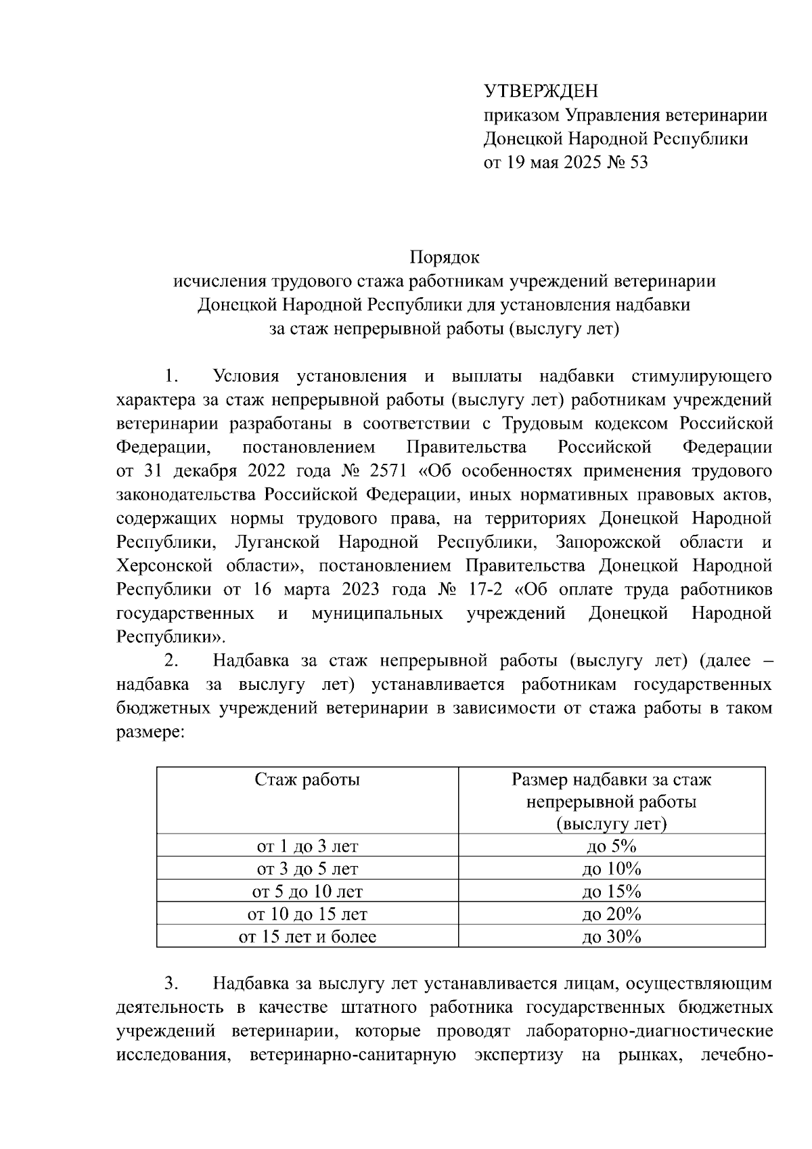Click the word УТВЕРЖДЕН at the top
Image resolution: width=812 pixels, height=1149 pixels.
541,91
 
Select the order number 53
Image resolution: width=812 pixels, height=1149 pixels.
638,162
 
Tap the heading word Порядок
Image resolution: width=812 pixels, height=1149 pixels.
445,258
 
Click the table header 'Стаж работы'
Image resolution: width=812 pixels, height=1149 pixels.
307,780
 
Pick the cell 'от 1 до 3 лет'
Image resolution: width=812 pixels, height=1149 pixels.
307,846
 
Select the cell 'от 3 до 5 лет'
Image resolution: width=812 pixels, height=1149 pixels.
307,869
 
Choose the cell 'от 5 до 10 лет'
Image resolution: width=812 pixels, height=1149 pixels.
307,891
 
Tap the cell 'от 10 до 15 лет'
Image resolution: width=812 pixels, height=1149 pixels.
307,914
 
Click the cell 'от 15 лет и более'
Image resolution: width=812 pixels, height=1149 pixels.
307,937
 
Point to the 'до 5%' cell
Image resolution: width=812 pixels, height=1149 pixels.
611,846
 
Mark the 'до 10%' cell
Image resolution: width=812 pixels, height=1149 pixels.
611,869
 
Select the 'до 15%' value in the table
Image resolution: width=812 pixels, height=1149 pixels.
611,891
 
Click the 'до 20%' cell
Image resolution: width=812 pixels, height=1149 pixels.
611,914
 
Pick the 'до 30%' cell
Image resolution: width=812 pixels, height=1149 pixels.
611,937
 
